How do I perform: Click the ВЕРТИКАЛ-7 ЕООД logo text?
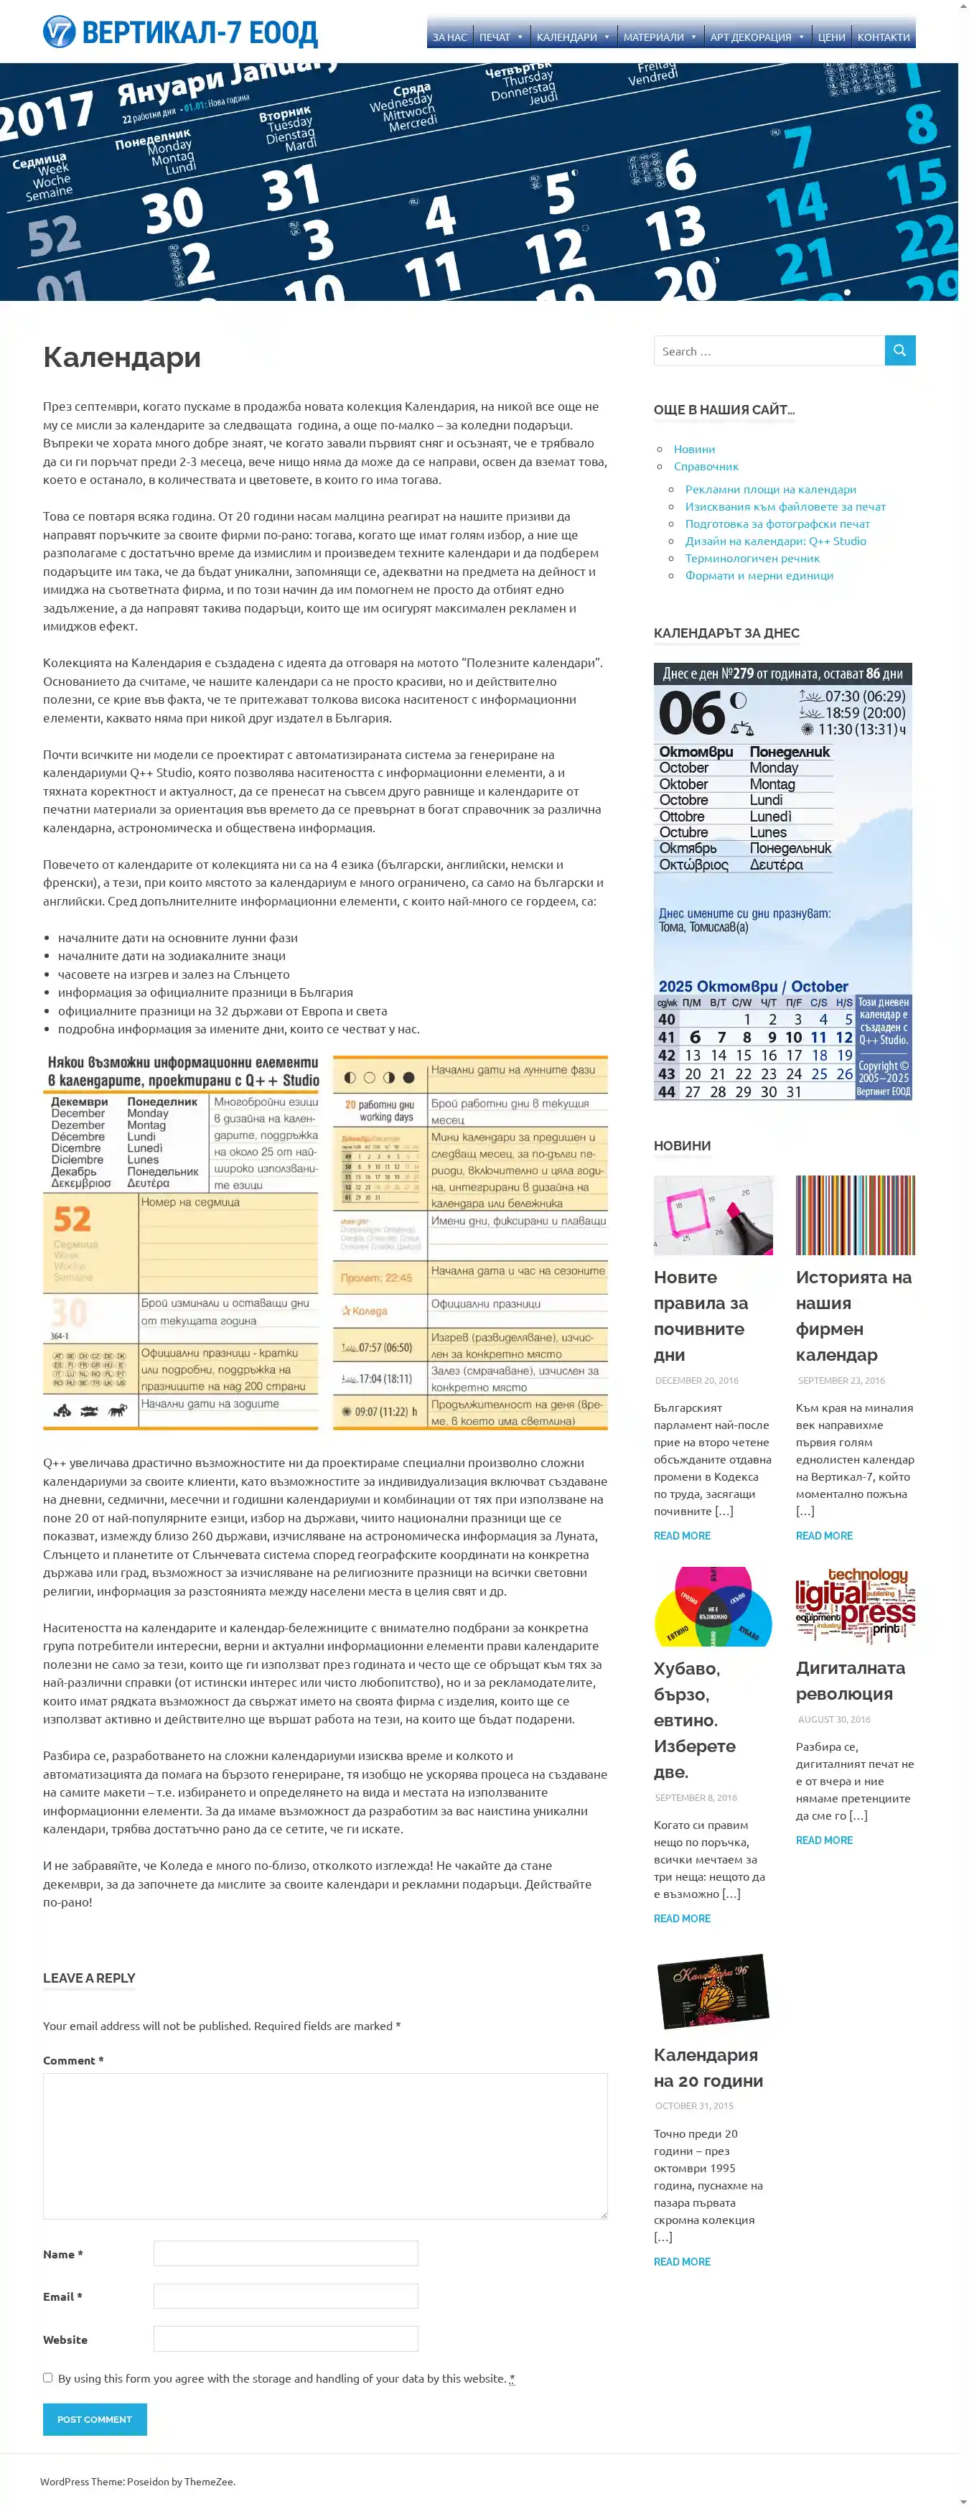click(199, 33)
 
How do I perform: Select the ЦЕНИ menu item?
click(830, 37)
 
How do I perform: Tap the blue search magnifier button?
click(899, 350)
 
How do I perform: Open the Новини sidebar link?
click(693, 449)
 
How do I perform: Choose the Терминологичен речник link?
click(752, 558)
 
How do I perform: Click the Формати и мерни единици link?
click(759, 576)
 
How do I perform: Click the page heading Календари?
click(122, 358)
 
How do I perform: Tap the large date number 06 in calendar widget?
click(691, 713)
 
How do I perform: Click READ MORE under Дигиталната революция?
click(824, 1840)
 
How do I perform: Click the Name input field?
click(286, 2253)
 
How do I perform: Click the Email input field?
click(286, 2296)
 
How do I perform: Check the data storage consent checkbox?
click(47, 2378)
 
